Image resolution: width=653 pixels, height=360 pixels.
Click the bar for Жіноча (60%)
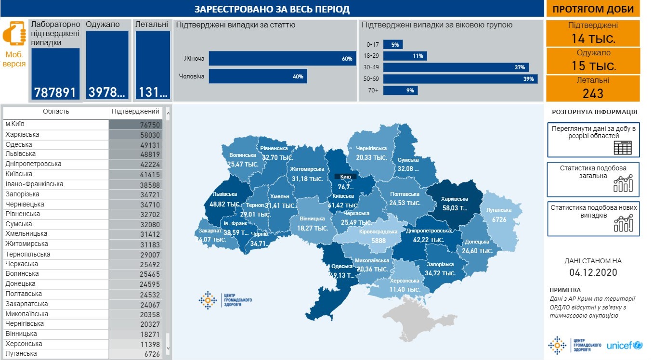click(282, 59)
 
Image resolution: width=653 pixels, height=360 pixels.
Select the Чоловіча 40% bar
click(258, 76)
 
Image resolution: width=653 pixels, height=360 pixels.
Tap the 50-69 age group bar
click(460, 79)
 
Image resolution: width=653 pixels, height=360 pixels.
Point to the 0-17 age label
click(372, 44)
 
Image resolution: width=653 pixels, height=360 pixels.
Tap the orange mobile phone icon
click(14, 34)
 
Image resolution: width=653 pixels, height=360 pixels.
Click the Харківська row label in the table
click(22, 135)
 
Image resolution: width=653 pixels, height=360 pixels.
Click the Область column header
click(56, 112)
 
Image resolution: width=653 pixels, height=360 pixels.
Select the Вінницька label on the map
click(312, 219)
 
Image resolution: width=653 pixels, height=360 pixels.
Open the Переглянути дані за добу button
click(593, 140)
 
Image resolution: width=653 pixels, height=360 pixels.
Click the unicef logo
click(624, 345)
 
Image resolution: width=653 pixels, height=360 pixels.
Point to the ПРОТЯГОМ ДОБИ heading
click(593, 9)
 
